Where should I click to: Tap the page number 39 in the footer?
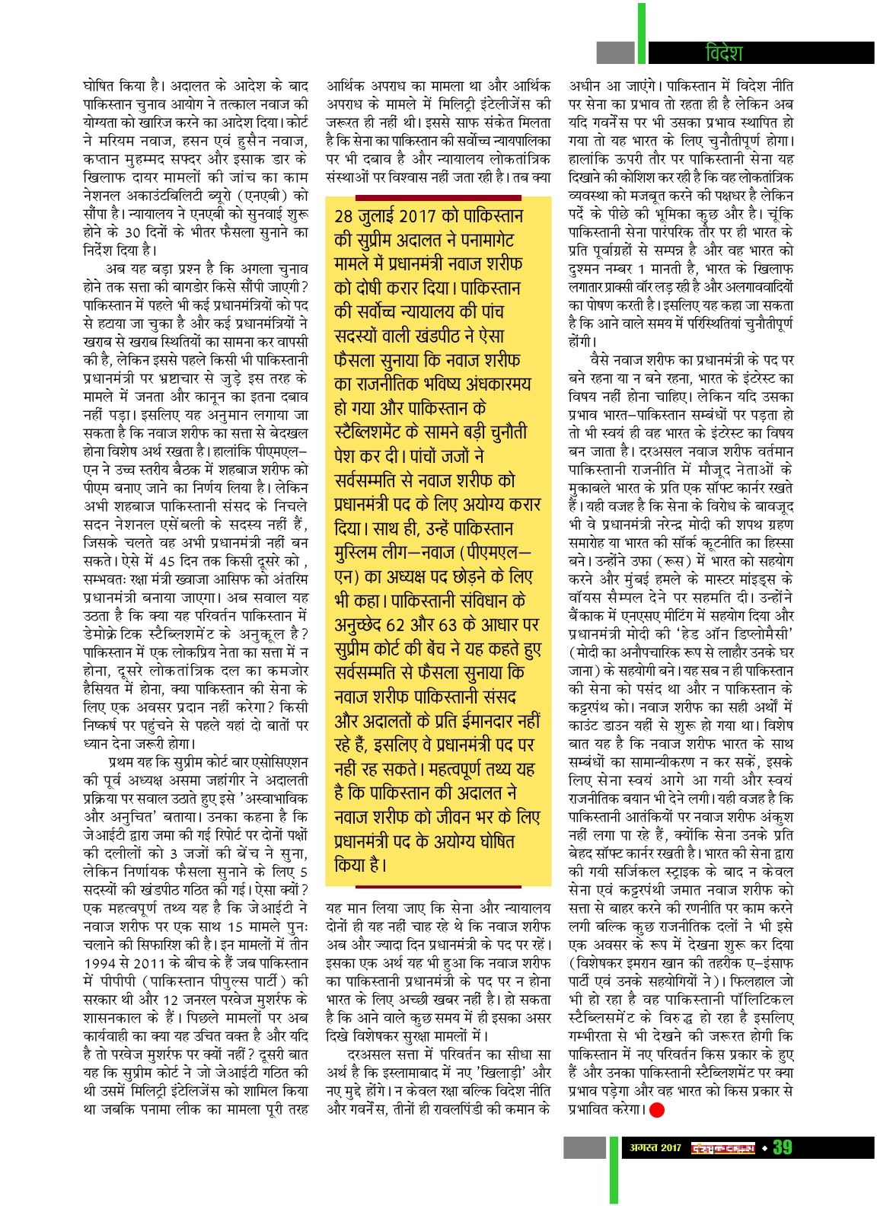782,1147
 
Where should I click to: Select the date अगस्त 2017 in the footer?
655,1147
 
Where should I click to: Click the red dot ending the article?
656,1110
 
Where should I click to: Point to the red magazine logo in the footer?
722,1147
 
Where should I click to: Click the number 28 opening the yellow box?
344,216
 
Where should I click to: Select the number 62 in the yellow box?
395,625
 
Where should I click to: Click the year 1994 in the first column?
99,962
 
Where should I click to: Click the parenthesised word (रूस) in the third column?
654,562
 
